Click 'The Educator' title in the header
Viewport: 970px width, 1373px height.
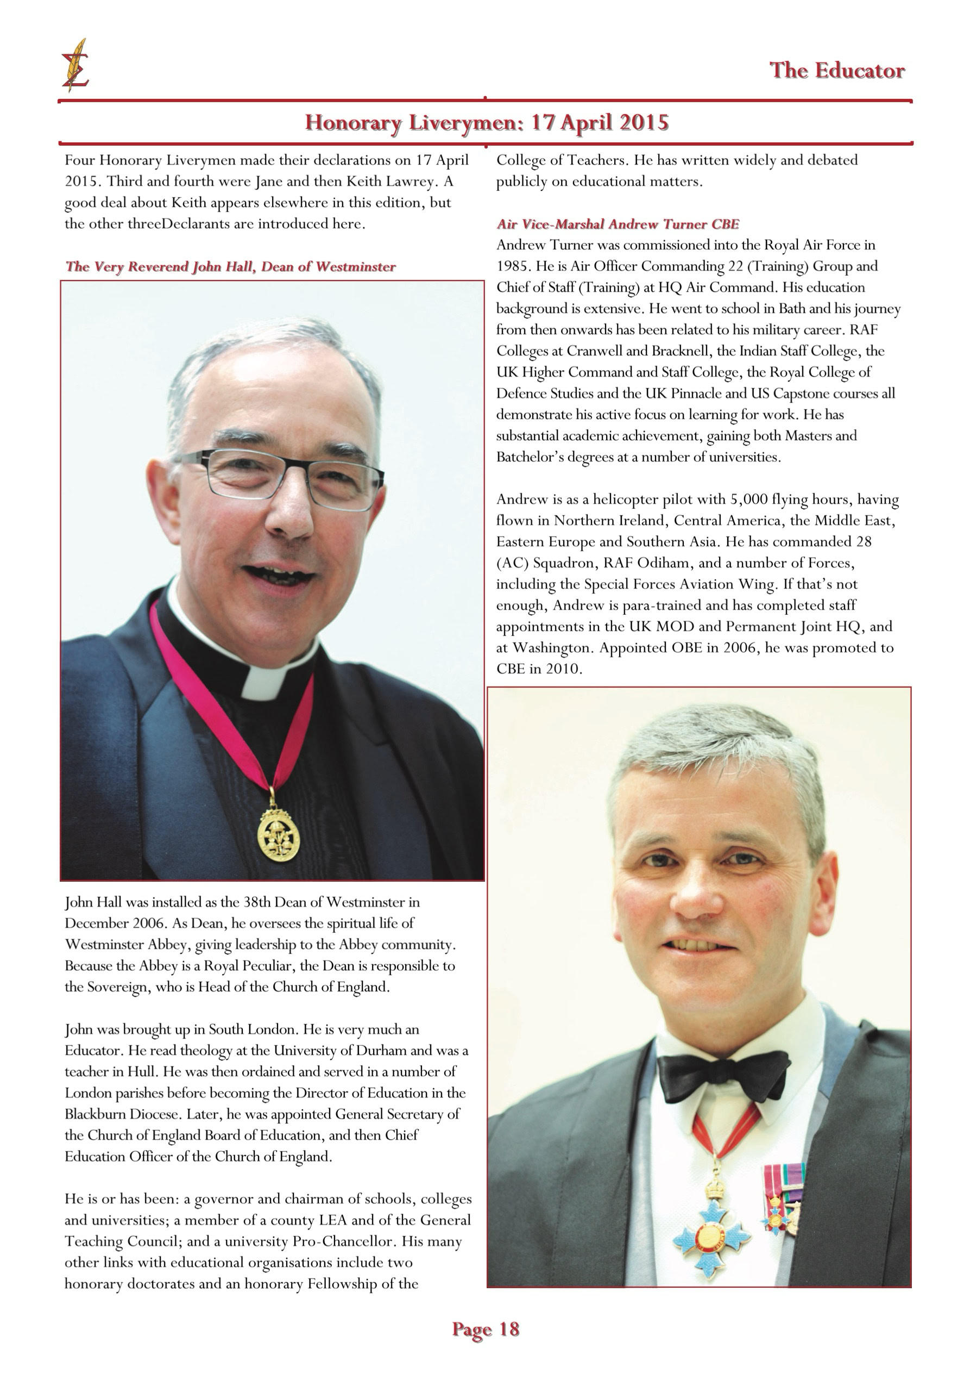[x=836, y=71]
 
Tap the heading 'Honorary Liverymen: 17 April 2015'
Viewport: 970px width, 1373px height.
[x=486, y=123]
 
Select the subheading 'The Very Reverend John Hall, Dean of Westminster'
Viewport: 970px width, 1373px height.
[x=230, y=267]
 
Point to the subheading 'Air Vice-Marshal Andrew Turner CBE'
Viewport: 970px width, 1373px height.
[x=618, y=224]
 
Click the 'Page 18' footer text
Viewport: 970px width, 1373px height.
[x=486, y=1329]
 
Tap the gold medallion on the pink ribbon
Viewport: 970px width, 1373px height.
[x=278, y=835]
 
